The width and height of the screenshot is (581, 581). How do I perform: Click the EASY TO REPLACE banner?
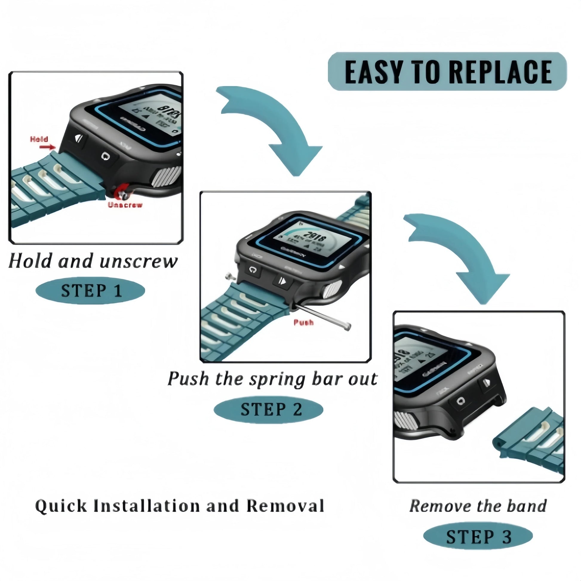[x=447, y=71]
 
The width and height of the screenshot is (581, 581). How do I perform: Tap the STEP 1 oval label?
[x=90, y=290]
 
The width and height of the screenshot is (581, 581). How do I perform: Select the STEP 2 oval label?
[x=268, y=409]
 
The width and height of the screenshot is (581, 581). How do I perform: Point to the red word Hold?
[x=39, y=139]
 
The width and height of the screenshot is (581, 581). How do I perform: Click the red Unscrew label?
[x=125, y=205]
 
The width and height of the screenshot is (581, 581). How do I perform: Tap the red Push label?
[x=303, y=323]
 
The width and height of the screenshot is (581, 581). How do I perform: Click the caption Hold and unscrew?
[x=93, y=261]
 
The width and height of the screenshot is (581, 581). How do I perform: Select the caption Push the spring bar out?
[x=272, y=379]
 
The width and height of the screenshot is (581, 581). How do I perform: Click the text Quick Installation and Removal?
[x=179, y=505]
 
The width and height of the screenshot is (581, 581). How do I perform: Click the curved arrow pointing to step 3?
[x=460, y=253]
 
